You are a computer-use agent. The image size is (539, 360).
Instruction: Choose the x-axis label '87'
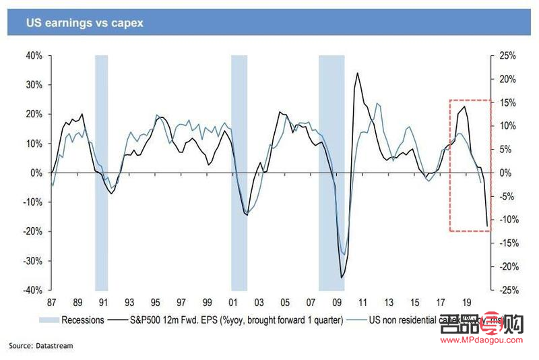(51, 303)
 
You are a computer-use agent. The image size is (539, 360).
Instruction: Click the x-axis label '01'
(234, 303)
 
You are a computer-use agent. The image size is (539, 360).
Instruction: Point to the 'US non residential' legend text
(404, 320)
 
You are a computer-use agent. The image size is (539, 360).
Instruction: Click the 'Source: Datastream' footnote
(40, 346)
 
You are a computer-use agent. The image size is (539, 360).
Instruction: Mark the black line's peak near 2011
(356, 73)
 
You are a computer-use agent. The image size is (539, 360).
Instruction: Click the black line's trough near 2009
(342, 277)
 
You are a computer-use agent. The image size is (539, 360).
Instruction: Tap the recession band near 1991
(101, 172)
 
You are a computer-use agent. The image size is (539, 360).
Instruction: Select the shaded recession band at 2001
(239, 172)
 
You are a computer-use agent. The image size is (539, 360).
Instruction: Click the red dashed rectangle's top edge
(470, 100)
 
